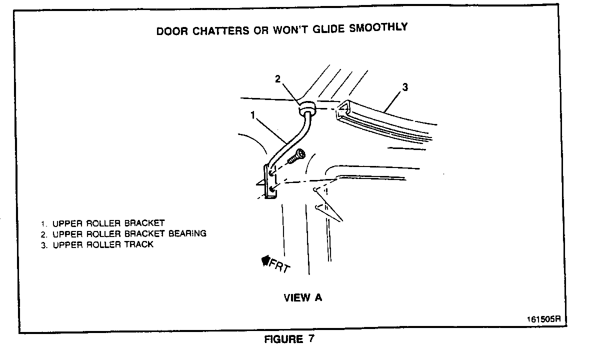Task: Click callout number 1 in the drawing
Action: click(x=253, y=115)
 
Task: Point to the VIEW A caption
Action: click(x=303, y=298)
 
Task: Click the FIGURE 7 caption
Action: click(x=289, y=339)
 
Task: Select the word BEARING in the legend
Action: click(x=187, y=233)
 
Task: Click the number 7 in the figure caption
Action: click(x=311, y=339)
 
